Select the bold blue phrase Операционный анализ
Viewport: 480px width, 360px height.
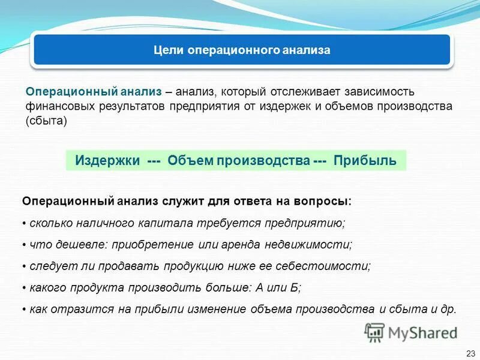[x=94, y=92]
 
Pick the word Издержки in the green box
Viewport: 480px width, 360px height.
[x=107, y=161]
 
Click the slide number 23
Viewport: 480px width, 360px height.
[x=470, y=353]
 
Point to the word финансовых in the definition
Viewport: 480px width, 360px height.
[x=55, y=106]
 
